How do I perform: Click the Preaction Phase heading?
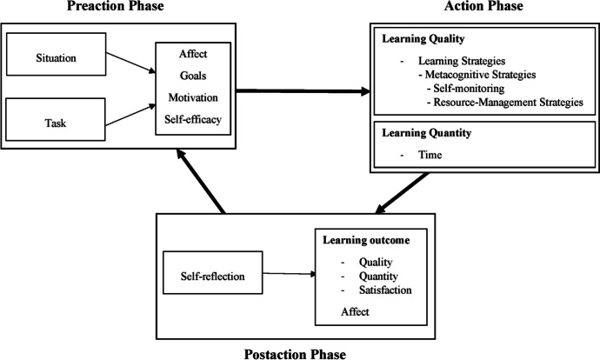click(115, 7)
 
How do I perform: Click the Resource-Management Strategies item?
click(505, 103)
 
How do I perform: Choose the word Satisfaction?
click(377, 289)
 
